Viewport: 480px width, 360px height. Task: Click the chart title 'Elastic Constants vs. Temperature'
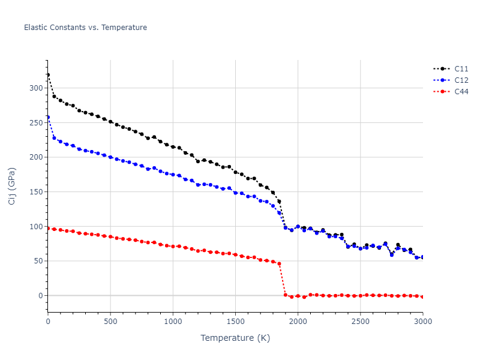click(85, 28)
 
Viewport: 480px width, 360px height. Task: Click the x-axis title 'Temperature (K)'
click(235, 338)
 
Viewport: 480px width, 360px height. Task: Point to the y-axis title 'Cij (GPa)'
click(12, 186)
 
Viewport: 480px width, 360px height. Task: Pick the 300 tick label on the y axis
click(36, 88)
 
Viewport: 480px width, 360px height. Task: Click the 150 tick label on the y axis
click(36, 192)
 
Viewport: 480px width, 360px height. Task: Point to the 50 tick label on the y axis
click(38, 261)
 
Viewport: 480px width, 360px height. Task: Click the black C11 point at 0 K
click(48, 75)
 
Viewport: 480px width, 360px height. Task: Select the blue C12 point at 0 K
click(48, 117)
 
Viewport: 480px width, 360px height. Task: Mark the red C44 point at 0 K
click(48, 228)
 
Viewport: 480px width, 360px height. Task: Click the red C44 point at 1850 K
click(279, 263)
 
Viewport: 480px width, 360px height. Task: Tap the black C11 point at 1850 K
click(279, 202)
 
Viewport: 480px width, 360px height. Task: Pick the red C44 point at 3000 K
click(422, 297)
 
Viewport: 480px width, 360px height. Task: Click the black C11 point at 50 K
click(54, 96)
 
